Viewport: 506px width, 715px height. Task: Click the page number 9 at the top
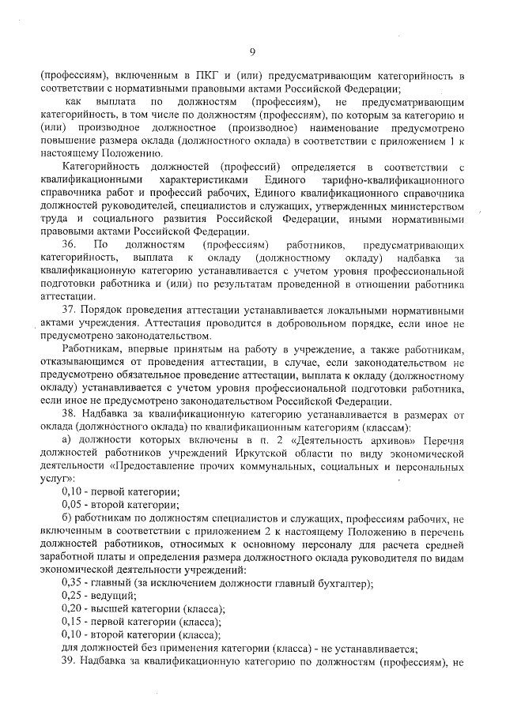tap(252, 51)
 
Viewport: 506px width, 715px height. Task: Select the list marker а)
tap(66, 440)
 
